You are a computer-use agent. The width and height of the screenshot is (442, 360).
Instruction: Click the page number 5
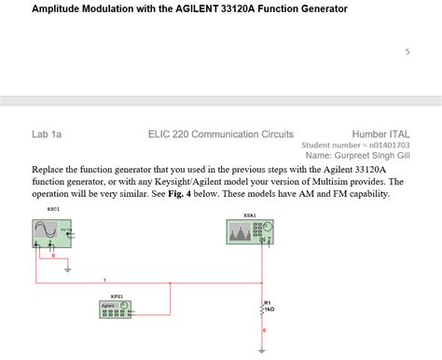point(407,51)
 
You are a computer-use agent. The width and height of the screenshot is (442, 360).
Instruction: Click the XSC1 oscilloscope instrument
point(53,233)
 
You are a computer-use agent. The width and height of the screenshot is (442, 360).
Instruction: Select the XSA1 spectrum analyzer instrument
point(250,231)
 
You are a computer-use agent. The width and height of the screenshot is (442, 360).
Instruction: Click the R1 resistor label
point(268,302)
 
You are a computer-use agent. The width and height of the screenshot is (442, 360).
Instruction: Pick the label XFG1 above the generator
point(117,295)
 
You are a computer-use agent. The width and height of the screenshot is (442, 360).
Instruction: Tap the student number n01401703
point(386,145)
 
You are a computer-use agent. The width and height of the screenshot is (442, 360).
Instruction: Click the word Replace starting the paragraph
point(51,170)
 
